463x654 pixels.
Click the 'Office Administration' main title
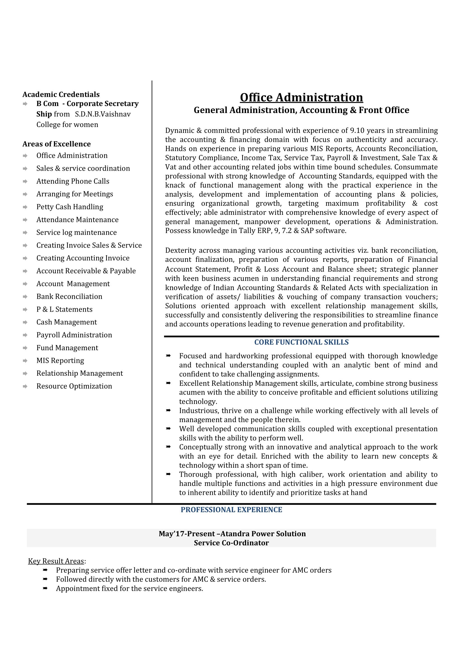click(x=301, y=97)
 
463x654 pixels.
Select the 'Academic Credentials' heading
click(x=61, y=94)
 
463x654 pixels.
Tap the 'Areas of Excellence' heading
click(x=57, y=144)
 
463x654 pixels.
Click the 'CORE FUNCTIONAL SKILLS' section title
click(x=301, y=342)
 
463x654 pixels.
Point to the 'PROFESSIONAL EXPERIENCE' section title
click(x=231, y=510)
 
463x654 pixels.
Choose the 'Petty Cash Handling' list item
click(x=70, y=207)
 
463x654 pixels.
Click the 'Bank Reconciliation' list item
click(x=69, y=297)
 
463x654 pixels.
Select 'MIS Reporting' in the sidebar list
click(x=60, y=361)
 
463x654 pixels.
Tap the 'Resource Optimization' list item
click(x=74, y=386)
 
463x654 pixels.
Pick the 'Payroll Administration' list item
click(x=74, y=335)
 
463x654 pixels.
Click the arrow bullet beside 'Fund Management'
click(x=25, y=348)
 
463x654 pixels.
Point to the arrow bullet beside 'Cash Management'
click(x=25, y=323)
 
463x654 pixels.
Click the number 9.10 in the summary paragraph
click(x=357, y=130)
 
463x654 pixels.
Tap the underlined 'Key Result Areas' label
click(x=56, y=561)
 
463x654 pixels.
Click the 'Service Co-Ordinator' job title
click(x=231, y=543)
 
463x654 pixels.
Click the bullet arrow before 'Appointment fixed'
click(x=45, y=588)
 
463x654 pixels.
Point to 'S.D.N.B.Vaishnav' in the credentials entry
click(x=103, y=114)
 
